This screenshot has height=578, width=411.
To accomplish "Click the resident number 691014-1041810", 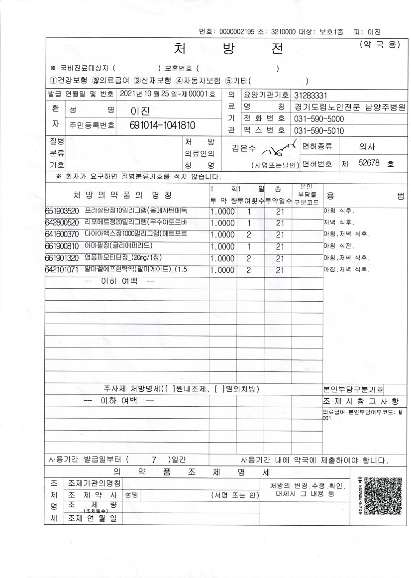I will click(162, 125).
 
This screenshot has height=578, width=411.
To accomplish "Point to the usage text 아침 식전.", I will click(339, 246).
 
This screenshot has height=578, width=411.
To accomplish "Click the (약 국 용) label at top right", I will click(379, 45).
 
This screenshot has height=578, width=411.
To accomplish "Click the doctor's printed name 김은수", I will click(244, 147).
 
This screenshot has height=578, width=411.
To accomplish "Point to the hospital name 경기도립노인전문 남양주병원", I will click(350, 107).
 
